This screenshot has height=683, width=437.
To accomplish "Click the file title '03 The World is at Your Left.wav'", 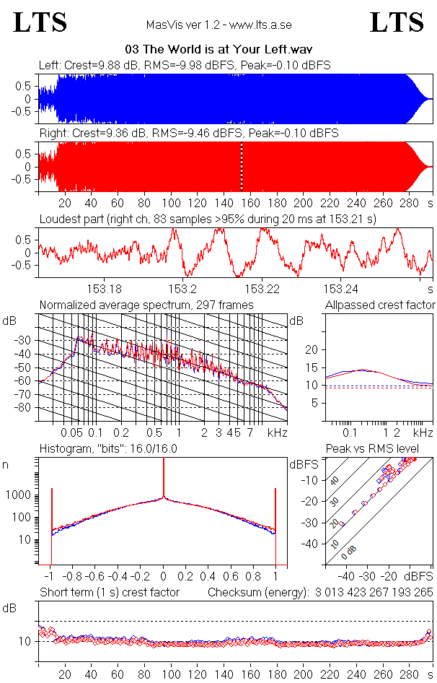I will click(218, 50).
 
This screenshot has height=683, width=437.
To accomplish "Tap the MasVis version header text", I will click(218, 25).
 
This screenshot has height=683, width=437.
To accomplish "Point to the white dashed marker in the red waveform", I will click(242, 166).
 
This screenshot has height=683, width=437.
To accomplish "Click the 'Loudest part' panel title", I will click(217, 219).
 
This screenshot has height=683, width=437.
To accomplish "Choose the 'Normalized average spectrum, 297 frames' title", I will click(146, 305).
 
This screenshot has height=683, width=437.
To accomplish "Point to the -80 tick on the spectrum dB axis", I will click(24, 407).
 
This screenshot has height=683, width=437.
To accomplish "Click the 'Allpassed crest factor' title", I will click(380, 305).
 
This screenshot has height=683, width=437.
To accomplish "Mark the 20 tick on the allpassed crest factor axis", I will click(312, 349).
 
